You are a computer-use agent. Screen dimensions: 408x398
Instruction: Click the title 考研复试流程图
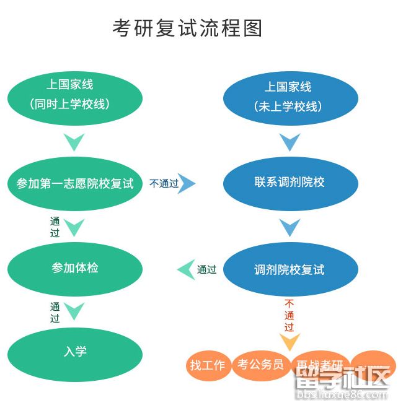[188, 28]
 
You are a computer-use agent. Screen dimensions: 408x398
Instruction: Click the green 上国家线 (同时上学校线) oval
[75, 94]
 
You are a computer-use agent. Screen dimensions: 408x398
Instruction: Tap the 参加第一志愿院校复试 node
[75, 183]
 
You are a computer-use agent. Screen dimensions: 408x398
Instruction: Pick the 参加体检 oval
[75, 268]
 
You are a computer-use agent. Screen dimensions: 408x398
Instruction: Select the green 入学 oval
[75, 352]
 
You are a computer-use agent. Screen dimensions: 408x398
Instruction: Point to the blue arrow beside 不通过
[187, 183]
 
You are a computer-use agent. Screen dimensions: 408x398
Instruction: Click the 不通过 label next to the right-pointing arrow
[164, 183]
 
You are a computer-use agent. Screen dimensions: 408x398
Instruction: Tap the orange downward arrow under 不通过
[290, 342]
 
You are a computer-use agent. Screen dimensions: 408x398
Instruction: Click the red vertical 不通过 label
[290, 315]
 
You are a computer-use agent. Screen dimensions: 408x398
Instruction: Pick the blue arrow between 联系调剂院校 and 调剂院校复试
[290, 228]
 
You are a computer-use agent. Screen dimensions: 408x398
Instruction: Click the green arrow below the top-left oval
[75, 142]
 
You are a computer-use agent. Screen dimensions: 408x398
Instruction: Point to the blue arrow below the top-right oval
[290, 142]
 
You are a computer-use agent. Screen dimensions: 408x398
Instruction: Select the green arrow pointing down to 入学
[75, 311]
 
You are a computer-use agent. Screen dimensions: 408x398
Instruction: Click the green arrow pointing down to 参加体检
[75, 227]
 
